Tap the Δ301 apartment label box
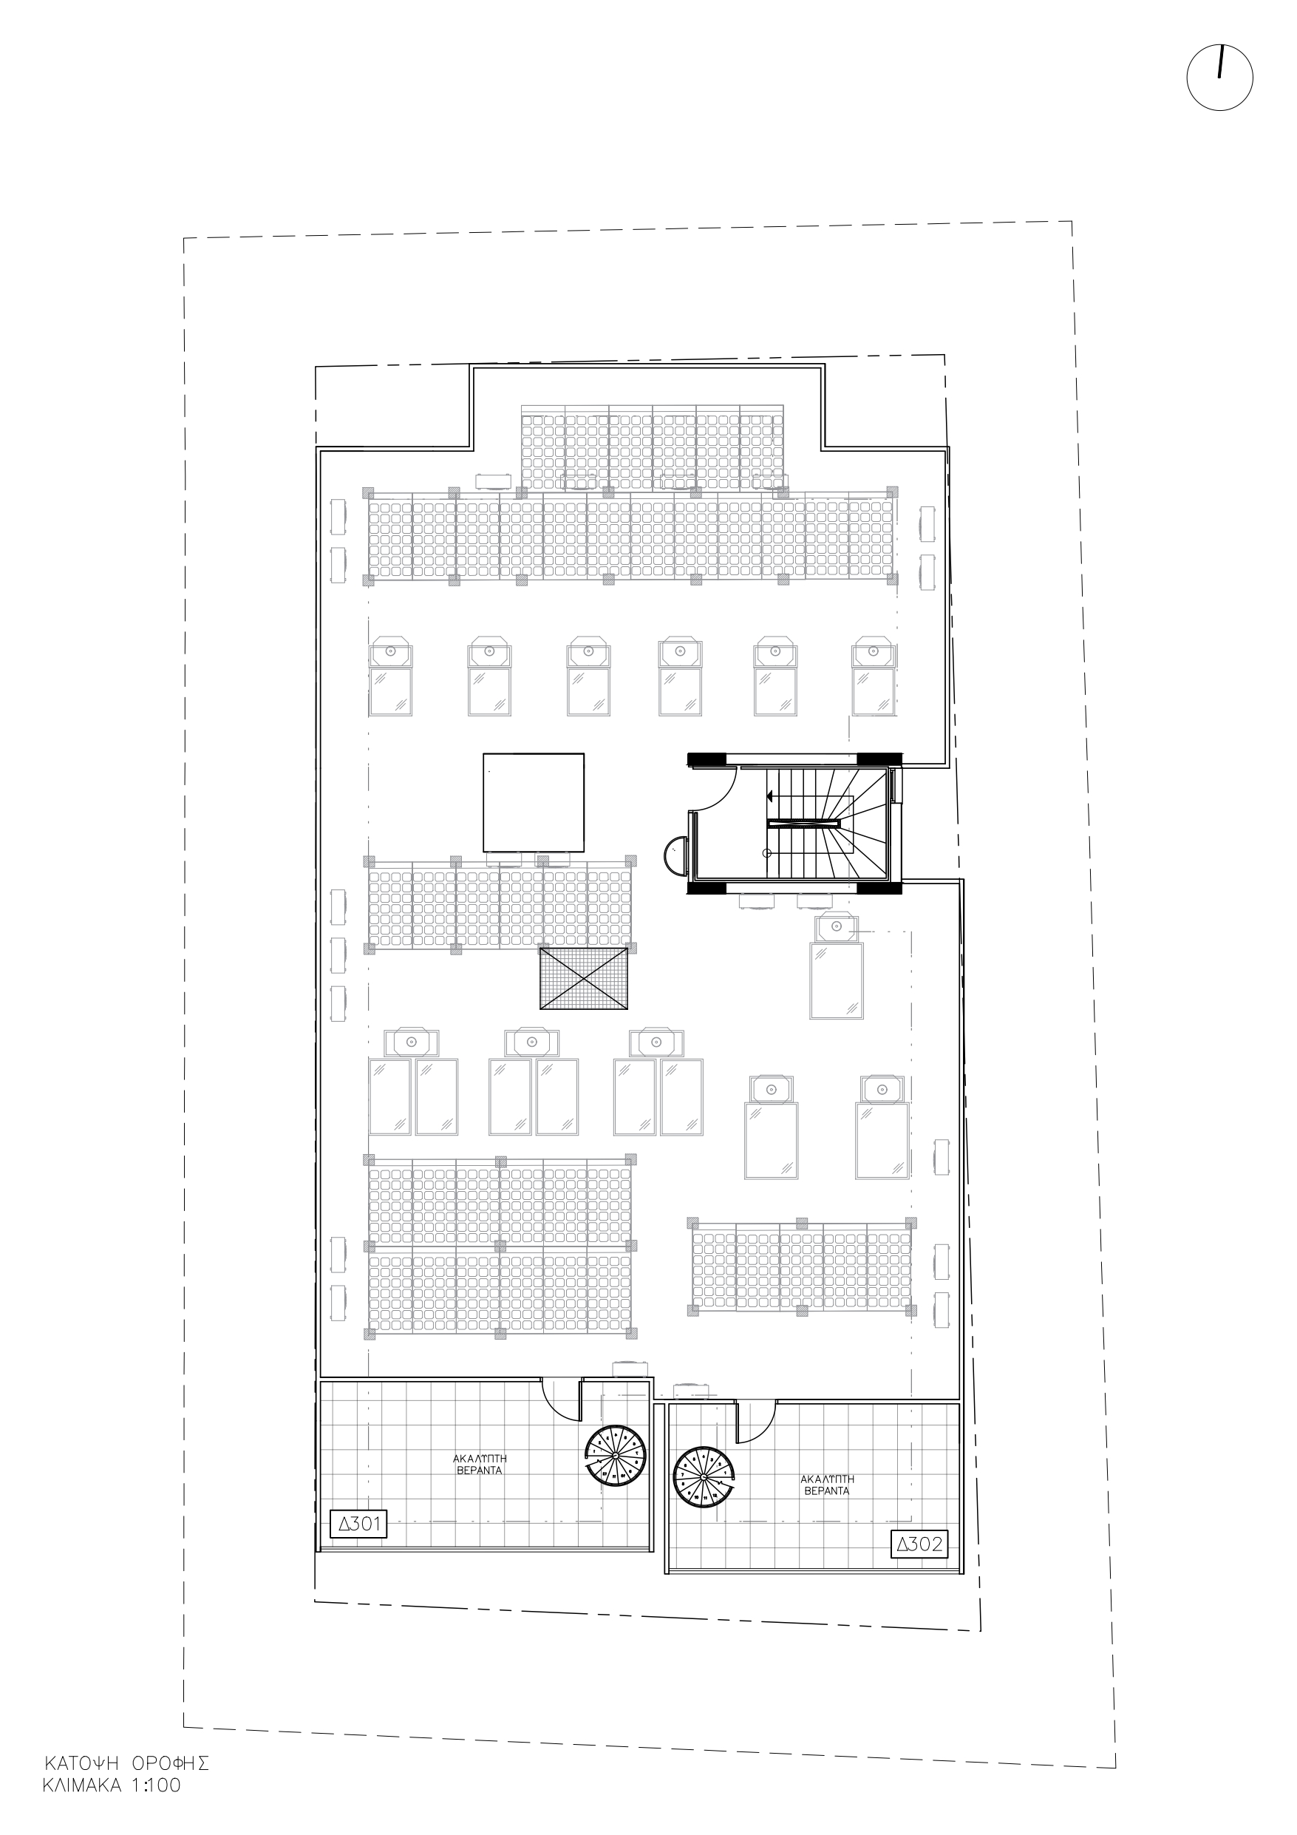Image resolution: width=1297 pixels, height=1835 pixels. pyautogui.click(x=358, y=1524)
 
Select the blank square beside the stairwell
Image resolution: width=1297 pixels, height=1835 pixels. pyautogui.click(x=533, y=802)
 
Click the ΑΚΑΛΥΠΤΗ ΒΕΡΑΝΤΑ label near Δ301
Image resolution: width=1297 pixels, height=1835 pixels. pyautogui.click(x=480, y=1464)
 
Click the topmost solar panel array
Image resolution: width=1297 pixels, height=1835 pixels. pyautogui.click(x=653, y=447)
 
